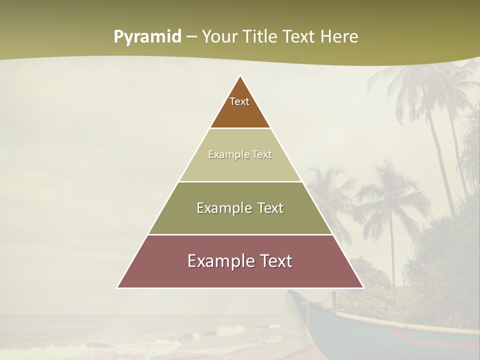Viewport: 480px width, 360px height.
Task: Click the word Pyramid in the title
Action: (x=147, y=37)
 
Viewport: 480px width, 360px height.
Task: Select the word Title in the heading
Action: (x=261, y=37)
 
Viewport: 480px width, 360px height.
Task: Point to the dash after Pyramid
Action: (x=191, y=37)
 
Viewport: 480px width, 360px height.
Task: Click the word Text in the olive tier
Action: (x=270, y=208)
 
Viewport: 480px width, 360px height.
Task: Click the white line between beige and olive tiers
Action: (x=240, y=181)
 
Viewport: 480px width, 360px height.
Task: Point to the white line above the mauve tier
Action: (x=240, y=234)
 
